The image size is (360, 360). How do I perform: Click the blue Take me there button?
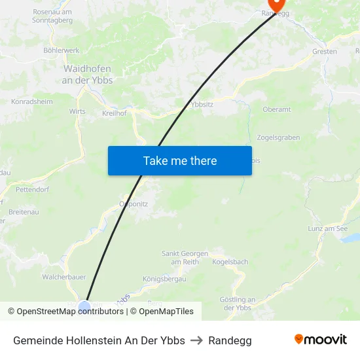coord(180,160)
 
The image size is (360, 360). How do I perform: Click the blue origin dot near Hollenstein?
coord(84,306)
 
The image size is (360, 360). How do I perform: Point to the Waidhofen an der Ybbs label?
coord(87,74)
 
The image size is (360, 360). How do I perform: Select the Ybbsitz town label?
coord(202,104)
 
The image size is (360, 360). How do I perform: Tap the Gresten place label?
coord(325,51)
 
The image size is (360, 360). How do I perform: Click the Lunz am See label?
coord(327,228)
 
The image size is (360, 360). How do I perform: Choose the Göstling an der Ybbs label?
coord(237,304)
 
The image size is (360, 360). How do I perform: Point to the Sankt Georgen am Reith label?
coord(185,257)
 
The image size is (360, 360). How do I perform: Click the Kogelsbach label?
coord(230,262)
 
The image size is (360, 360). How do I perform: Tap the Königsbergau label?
coord(164,279)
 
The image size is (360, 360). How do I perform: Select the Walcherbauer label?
coord(64,277)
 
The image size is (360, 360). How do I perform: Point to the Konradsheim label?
coord(32,101)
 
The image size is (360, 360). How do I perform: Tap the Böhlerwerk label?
coord(61,50)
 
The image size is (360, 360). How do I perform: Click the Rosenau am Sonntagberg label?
coord(52,16)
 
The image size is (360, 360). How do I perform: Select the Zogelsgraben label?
coord(278,137)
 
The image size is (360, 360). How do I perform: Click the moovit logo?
coord(321,340)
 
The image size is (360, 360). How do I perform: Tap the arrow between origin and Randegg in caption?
coord(196,340)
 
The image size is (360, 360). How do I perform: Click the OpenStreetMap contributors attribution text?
coord(70,312)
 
